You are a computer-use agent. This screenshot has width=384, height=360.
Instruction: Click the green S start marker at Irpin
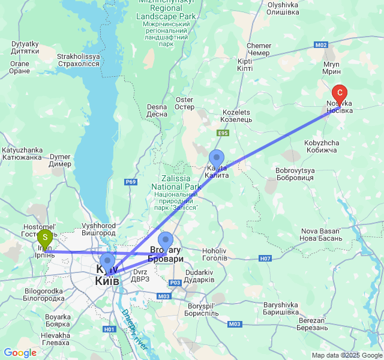44,238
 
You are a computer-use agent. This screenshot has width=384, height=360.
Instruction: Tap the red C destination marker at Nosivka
340,94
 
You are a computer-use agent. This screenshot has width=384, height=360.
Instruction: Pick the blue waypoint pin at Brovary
165,241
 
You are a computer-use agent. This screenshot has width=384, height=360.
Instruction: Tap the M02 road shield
321,45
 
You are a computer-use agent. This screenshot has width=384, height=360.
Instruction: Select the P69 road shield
131,182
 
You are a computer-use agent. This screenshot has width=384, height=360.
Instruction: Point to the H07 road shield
266,258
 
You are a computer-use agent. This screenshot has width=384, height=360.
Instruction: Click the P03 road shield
175,283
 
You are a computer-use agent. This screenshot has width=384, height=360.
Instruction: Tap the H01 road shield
109,329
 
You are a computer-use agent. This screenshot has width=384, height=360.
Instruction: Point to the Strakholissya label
78,60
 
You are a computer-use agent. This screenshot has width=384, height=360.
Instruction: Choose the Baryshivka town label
281,308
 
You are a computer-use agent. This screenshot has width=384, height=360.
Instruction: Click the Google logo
20,353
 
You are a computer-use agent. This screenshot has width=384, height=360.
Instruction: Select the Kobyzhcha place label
322,147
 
